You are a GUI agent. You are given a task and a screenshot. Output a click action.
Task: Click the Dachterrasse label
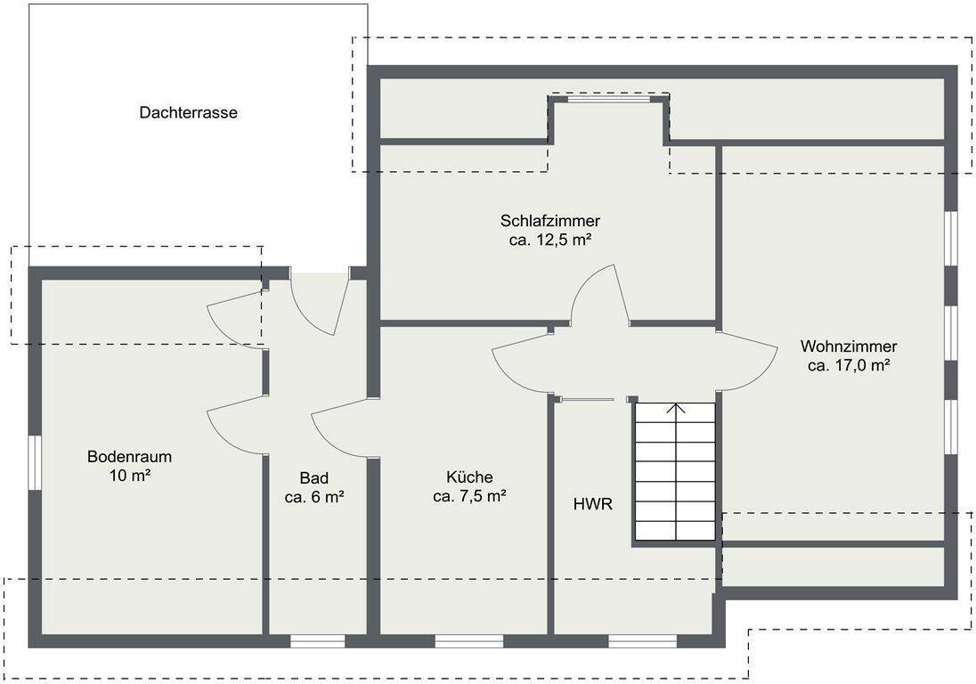coord(188,112)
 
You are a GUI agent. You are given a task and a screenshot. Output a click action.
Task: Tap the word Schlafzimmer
coord(550,220)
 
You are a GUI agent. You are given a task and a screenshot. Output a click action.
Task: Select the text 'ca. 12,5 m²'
coord(550,240)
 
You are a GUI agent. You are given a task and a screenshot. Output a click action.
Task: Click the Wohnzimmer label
coord(849,346)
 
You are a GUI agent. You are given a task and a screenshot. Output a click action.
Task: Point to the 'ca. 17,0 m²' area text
coord(849,365)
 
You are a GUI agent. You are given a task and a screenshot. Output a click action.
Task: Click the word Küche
coord(469,477)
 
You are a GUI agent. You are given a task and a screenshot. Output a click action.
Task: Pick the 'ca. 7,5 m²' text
coord(469,497)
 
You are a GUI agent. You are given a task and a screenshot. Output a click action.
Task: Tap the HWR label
coord(592,504)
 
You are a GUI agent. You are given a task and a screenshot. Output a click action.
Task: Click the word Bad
coord(314,478)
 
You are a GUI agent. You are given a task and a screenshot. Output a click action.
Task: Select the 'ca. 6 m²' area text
coord(314,497)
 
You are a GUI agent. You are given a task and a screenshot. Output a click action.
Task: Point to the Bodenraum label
coord(129,456)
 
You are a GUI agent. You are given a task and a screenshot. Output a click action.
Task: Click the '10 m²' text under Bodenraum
coord(129,476)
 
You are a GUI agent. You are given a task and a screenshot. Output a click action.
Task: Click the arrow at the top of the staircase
coord(675,409)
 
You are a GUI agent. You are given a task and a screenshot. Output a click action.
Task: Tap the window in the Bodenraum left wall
coord(35,462)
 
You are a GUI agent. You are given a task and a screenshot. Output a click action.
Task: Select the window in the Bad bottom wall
coord(317,641)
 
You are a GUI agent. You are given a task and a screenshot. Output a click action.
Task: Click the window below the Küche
coord(468,641)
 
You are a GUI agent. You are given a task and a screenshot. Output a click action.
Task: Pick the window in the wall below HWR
coord(642,641)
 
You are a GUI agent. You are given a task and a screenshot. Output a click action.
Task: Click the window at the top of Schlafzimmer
coord(609,98)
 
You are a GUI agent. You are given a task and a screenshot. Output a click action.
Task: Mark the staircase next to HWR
coord(675,472)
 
